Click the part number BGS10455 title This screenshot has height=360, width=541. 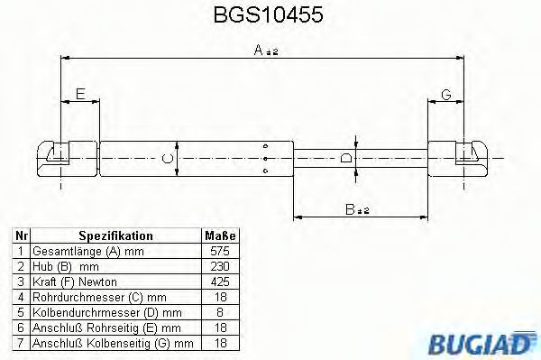click(x=270, y=15)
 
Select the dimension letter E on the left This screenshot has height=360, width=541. click(x=79, y=94)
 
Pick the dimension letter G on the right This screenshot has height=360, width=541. click(x=445, y=94)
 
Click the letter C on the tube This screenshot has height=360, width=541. click(x=164, y=160)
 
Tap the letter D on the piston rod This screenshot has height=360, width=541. click(x=346, y=160)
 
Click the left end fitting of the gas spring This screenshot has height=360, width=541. click(x=56, y=159)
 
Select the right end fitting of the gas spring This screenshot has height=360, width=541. click(x=464, y=159)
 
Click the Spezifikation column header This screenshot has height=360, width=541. click(x=115, y=235)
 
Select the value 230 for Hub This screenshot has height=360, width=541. click(x=219, y=266)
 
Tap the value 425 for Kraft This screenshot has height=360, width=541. click(x=219, y=282)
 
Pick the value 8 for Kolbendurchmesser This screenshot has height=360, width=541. click(x=219, y=312)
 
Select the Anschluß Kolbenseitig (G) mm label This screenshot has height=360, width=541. click(x=113, y=343)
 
